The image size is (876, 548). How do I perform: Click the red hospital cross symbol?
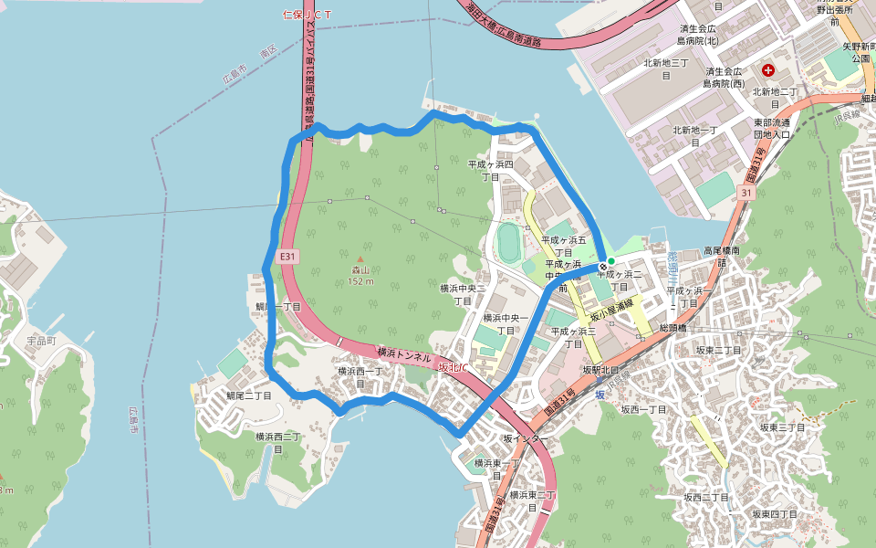768,69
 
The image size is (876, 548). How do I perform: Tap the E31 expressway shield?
287,258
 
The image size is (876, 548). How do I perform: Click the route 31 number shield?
747,194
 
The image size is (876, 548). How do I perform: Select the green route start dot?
611,261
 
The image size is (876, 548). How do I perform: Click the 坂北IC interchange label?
453,368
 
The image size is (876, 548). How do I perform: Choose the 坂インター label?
526,439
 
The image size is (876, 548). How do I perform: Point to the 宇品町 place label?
41,341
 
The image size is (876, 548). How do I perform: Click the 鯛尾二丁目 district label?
249,395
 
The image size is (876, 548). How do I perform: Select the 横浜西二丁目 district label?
278,443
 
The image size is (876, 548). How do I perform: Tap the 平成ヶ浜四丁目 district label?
491,170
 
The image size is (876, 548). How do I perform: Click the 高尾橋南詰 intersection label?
725,256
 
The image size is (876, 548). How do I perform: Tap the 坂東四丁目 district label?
777,514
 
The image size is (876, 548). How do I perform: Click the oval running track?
507,241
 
